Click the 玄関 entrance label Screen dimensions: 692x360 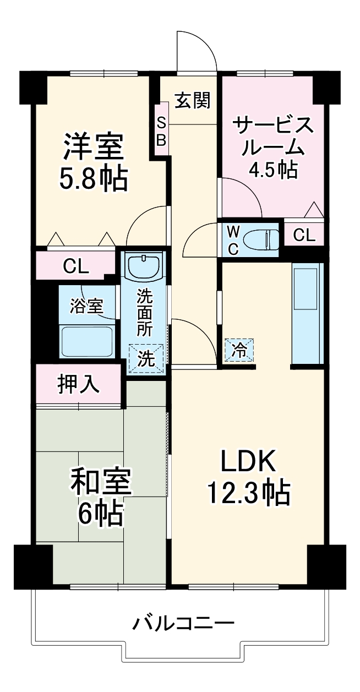193,100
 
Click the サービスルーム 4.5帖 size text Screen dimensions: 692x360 274,170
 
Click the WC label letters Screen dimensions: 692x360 232,239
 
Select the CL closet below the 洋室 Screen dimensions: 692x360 76,266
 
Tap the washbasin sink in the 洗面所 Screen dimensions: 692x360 144,267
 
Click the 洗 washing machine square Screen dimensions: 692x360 146,358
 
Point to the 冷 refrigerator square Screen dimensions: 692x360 238,349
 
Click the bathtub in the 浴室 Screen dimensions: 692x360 87,341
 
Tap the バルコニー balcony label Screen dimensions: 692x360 183,624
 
